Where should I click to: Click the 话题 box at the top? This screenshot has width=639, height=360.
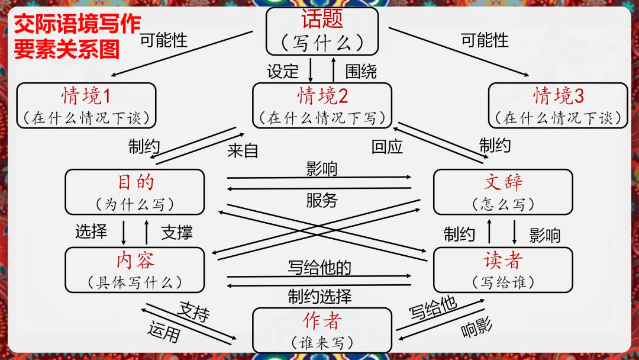322,31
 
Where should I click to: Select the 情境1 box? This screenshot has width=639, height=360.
86,105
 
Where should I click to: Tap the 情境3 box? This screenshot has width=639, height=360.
558,105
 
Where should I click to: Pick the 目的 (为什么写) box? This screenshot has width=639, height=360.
135,192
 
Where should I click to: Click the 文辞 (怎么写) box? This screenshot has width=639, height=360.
503,192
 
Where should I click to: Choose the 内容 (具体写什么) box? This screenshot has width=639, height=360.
135,270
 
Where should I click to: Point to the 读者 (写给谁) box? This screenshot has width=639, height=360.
503,270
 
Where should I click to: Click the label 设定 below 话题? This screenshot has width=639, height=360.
283,72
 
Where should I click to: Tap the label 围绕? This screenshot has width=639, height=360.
361,72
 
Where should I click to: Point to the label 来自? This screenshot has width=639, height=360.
243,150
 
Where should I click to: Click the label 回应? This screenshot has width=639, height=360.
387,146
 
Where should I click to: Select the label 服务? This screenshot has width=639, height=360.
321,201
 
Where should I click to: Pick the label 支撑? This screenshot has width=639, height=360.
177,232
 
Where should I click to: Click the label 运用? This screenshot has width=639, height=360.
163,333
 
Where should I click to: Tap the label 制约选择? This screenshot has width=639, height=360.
319,295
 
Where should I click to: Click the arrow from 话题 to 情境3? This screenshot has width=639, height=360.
459,52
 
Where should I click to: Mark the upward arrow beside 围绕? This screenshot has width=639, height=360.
333,70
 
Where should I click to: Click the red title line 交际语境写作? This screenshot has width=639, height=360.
78,25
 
